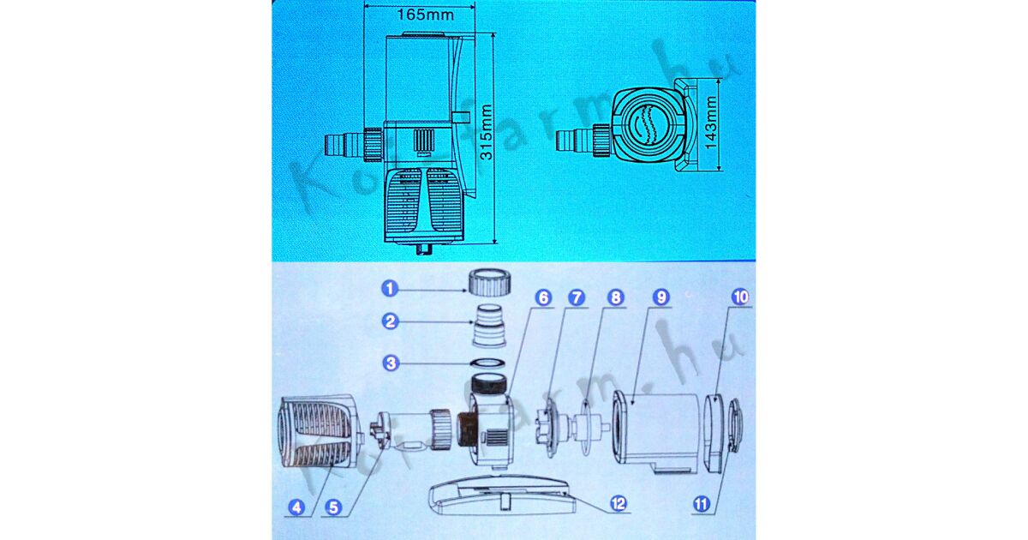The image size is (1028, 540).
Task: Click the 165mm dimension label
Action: click(426, 15)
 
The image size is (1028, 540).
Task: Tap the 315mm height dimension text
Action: click(486, 132)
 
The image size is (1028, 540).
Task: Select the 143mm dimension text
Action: click(710, 123)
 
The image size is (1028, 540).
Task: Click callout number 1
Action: click(390, 289)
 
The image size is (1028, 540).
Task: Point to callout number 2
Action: click(391, 321)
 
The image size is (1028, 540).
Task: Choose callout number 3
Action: click(391, 363)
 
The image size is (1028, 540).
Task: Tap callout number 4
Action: click(297, 507)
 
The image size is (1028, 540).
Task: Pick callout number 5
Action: click(333, 507)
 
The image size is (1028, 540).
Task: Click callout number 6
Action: click(543, 297)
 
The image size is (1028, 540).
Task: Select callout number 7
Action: click(577, 297)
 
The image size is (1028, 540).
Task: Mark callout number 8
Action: click(615, 297)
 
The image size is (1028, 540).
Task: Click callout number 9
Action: click(660, 297)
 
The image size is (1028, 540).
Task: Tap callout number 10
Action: click(740, 297)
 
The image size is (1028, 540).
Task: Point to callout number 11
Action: click(701, 505)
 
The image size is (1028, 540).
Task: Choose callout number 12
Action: click(619, 503)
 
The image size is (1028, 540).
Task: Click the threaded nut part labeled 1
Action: click(489, 283)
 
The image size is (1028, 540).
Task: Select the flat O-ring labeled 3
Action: click(489, 363)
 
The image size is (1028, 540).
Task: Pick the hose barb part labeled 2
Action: click(489, 325)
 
